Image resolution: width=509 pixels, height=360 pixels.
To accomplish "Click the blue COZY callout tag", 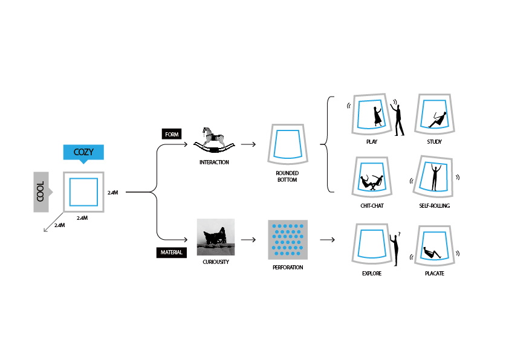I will coord(83,152).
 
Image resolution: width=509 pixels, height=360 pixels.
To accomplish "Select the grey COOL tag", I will coord(41,191).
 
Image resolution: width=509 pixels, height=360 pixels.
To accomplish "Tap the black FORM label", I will coord(171,134).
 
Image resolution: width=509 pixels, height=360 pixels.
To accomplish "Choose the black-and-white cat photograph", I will coord(215,237).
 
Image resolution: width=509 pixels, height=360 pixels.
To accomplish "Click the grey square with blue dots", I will coord(288,239).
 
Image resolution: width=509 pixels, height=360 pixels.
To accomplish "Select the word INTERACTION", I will coord(215,162).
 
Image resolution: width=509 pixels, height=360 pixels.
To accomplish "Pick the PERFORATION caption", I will coord(288,267).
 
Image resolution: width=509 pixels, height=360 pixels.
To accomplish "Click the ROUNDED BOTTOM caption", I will coord(288,176).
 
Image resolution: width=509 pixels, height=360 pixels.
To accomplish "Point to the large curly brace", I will coord(327,144).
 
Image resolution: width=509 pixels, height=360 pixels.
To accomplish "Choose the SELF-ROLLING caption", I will coord(434,206).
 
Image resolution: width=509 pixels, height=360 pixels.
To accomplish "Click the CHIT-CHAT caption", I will coord(371,206).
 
